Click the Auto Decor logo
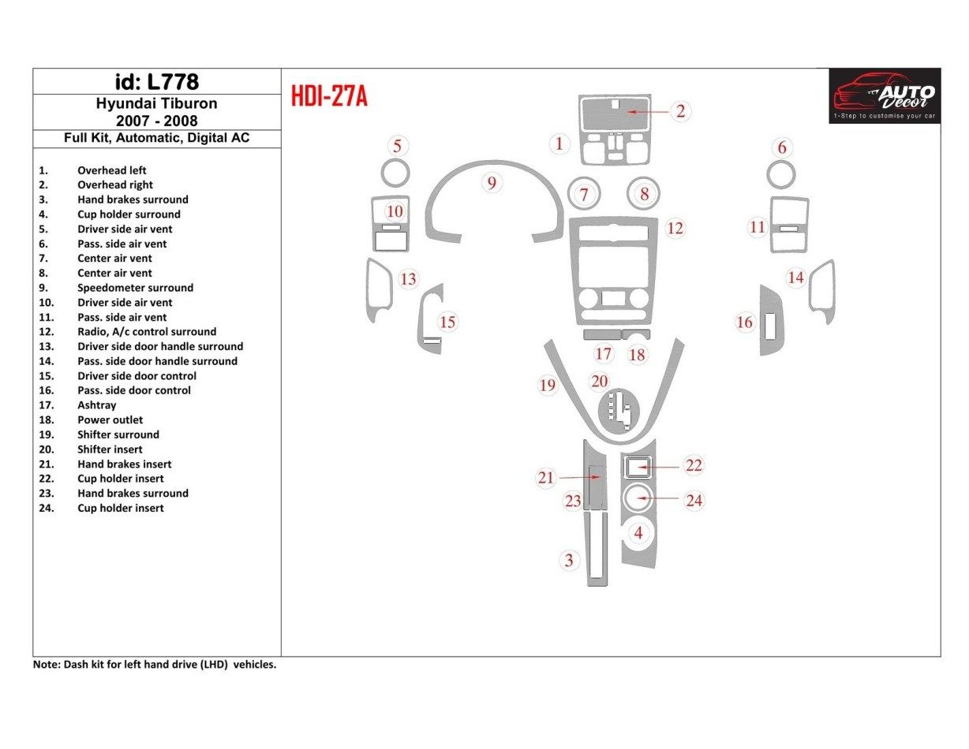(x=885, y=95)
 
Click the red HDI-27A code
(x=329, y=96)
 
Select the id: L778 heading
(x=156, y=81)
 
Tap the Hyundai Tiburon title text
(x=156, y=103)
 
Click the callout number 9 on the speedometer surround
(x=492, y=184)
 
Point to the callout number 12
(x=675, y=229)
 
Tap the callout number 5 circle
(x=398, y=146)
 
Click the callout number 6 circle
(x=782, y=148)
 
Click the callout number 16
(x=744, y=322)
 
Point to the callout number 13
(x=408, y=279)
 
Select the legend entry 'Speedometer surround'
(x=135, y=288)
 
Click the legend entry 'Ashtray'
(x=96, y=405)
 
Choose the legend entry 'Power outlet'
(x=110, y=420)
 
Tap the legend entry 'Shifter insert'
(x=110, y=449)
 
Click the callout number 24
(x=694, y=501)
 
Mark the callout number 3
(x=568, y=561)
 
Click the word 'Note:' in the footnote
(x=46, y=665)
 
